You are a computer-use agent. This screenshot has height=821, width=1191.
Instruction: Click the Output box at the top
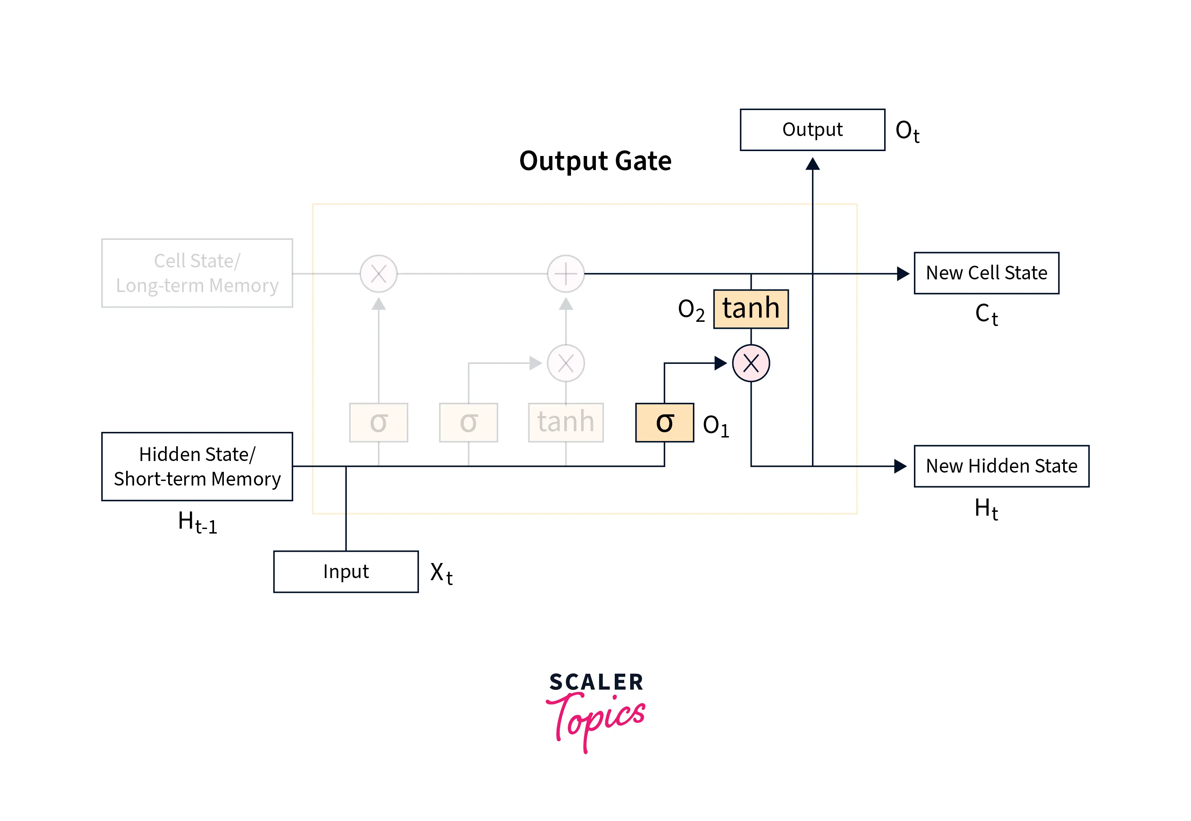point(812,130)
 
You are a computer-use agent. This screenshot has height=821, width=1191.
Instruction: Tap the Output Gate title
point(595,161)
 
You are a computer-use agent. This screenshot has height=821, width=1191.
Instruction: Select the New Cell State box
point(986,273)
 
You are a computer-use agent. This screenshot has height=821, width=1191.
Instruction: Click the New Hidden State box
point(1001,466)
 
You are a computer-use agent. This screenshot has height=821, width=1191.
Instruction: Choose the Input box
point(346,571)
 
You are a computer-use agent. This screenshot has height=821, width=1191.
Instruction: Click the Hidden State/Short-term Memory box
point(197,466)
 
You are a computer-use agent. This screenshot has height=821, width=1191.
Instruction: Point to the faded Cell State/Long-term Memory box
point(197,273)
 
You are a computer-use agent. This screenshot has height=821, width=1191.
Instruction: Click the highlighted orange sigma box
point(664,422)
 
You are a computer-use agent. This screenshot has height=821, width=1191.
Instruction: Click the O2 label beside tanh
point(691,310)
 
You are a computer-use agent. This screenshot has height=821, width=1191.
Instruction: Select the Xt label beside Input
point(441,573)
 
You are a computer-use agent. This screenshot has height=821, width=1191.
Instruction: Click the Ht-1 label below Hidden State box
point(197,522)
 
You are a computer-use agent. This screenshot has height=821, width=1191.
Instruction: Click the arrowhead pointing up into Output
point(812,164)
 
